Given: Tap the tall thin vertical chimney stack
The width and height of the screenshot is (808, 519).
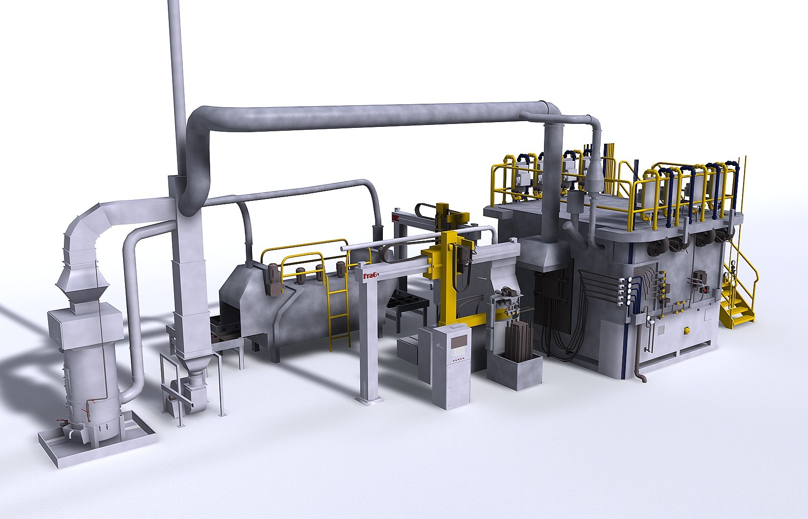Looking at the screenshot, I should click(x=177, y=72).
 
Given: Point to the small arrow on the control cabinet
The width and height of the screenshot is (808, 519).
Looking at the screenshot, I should click(x=438, y=345).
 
